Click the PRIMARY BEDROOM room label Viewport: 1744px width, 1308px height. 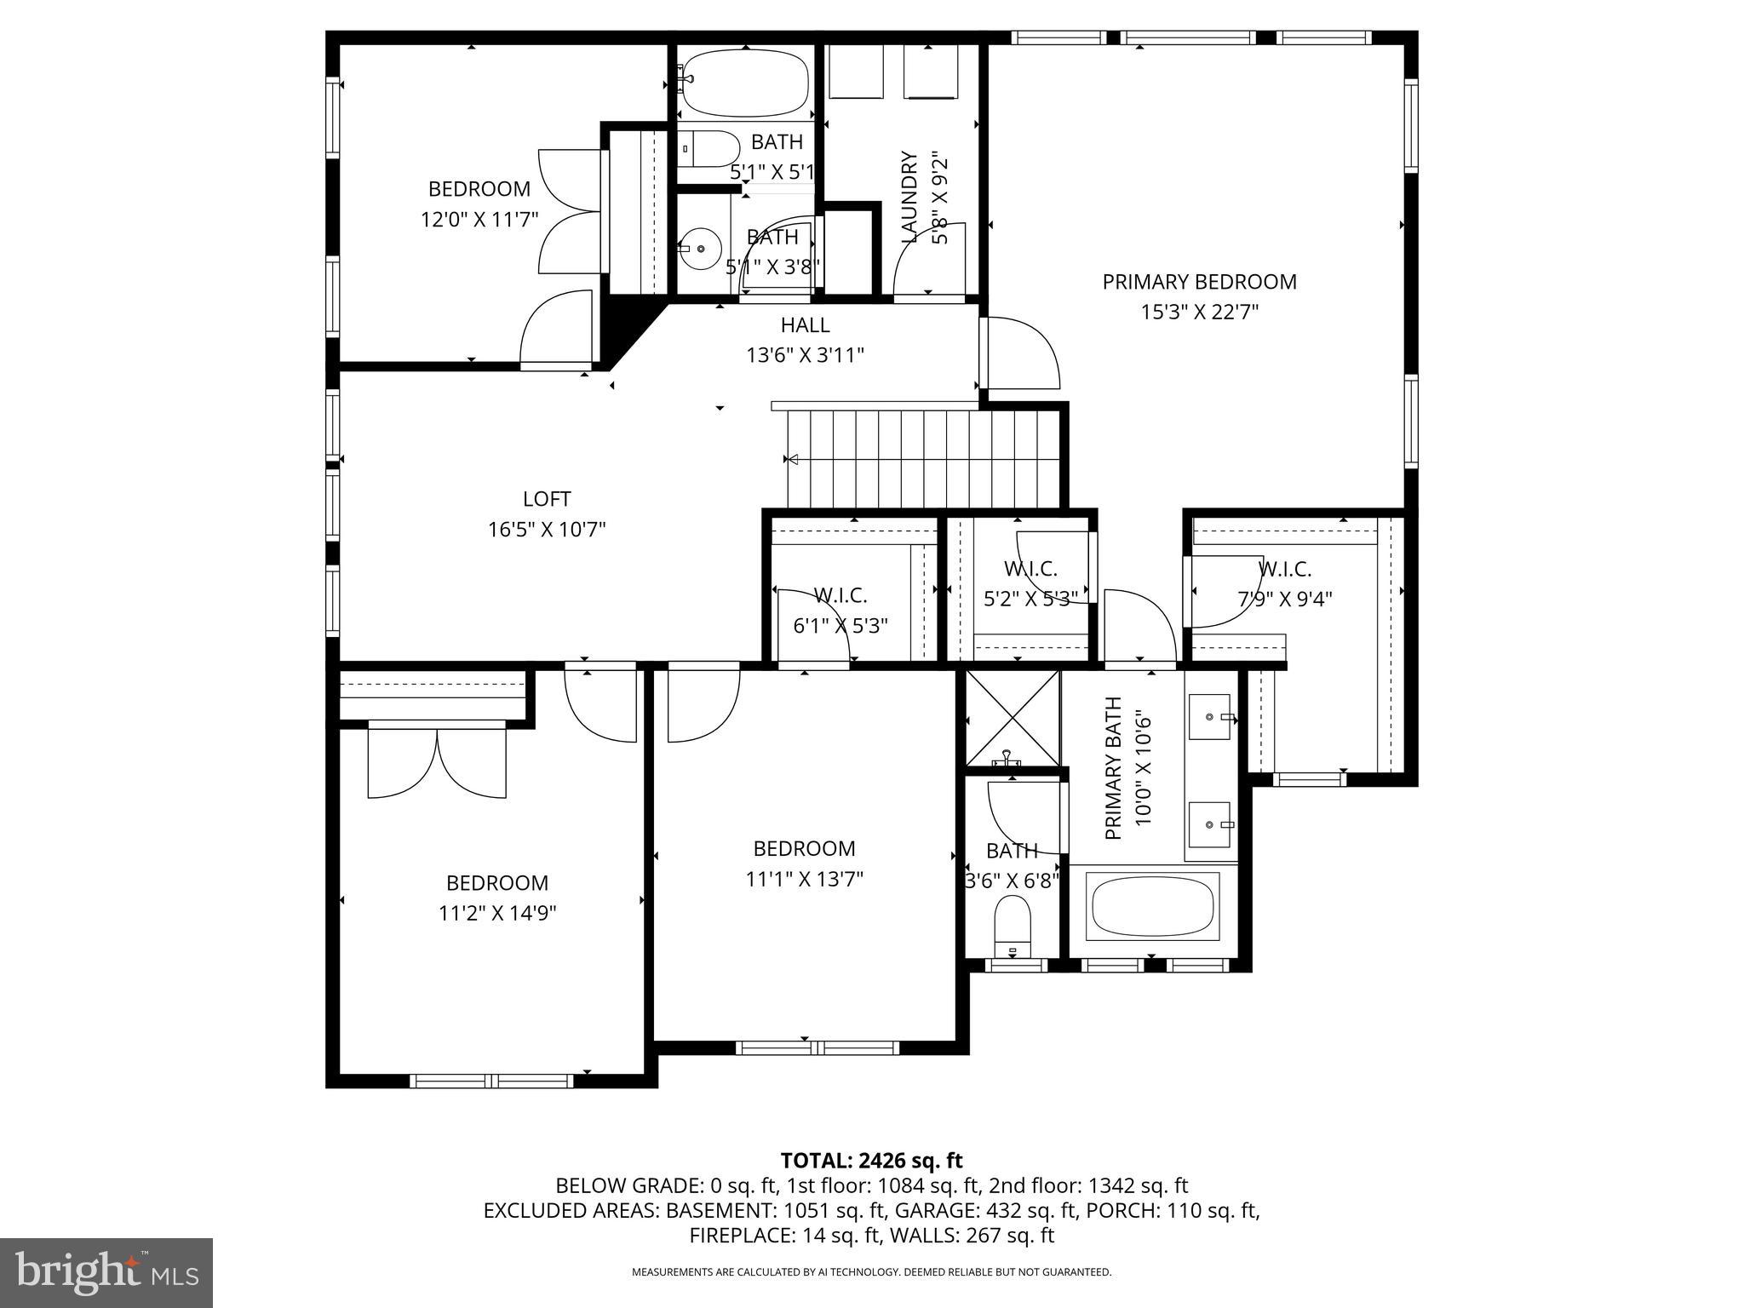[1199, 282]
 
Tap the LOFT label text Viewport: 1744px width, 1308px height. [547, 499]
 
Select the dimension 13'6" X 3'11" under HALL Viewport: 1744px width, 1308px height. [805, 355]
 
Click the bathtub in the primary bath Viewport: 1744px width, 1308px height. [1153, 907]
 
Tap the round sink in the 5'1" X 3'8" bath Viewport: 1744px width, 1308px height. [702, 249]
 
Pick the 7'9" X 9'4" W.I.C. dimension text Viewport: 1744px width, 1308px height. [1284, 599]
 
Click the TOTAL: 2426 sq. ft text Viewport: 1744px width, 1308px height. [871, 1160]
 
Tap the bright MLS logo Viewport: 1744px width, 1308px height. [106, 1272]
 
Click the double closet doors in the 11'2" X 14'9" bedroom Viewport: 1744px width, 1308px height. [437, 763]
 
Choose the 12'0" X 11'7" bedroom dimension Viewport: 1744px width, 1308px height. [479, 220]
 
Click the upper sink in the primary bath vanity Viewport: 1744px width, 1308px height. [1209, 717]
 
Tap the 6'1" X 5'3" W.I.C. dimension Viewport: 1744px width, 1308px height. [840, 626]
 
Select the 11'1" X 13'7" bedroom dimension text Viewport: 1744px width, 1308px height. [804, 879]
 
